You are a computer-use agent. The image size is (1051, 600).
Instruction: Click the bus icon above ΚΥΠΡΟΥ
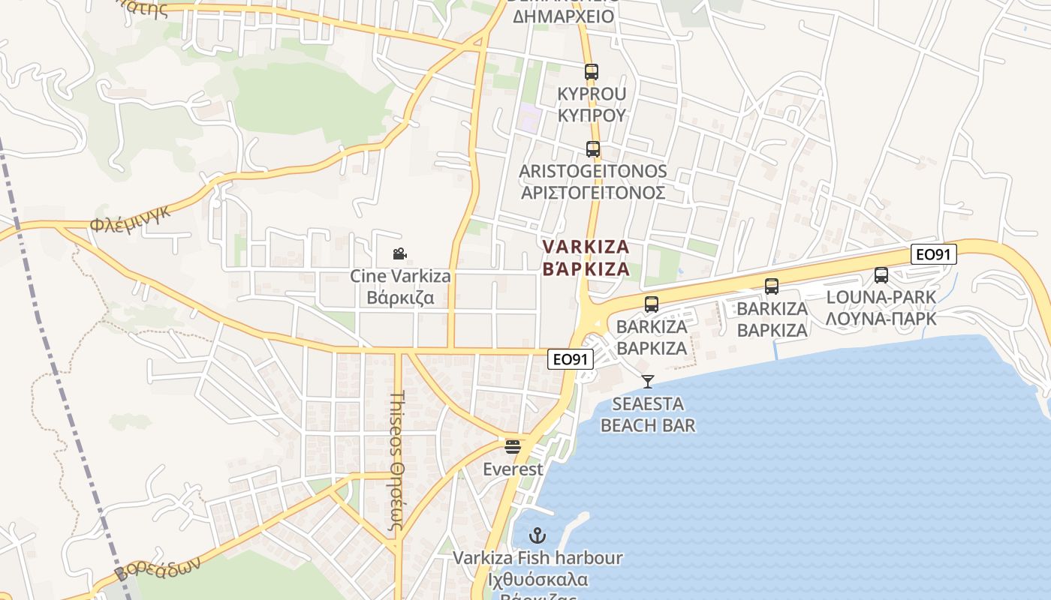tap(592, 72)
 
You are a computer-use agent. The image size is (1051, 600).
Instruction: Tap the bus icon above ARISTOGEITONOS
tap(593, 149)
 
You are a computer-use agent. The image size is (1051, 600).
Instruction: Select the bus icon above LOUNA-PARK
tap(881, 275)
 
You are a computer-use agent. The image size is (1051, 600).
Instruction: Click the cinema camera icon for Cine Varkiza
tap(400, 254)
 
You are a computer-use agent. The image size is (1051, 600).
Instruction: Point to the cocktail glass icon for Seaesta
tap(648, 382)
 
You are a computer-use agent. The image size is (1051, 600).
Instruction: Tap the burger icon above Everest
tap(513, 447)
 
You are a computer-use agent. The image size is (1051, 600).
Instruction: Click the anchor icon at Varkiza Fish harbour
tap(537, 535)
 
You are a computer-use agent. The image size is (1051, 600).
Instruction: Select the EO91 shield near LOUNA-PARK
tap(935, 254)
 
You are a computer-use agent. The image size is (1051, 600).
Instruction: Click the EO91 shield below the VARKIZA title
tap(570, 359)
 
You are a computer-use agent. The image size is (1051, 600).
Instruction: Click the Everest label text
tap(513, 469)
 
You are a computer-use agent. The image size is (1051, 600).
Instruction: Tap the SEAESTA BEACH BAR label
tap(647, 415)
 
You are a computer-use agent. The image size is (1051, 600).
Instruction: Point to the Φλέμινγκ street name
tap(131, 217)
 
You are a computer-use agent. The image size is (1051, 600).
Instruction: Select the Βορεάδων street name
tap(158, 569)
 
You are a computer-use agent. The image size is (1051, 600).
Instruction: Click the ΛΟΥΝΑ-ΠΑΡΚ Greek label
tap(881, 319)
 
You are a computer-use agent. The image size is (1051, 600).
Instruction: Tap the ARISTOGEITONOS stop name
tap(592, 171)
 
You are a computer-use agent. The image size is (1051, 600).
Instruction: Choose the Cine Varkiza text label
tap(400, 276)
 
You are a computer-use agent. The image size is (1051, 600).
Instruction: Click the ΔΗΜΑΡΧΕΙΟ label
tap(563, 16)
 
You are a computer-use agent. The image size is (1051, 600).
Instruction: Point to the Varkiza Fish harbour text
tap(538, 558)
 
